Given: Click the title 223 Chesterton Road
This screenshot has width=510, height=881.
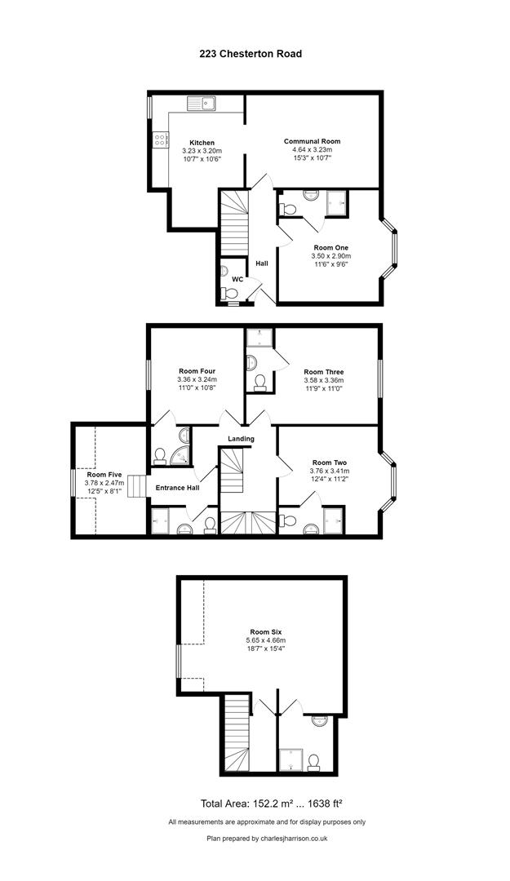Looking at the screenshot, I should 251,54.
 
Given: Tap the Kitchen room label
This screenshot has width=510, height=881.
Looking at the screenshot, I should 202,143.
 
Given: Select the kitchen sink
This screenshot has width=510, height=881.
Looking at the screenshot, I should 201,103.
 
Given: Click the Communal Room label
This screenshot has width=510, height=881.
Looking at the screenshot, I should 313,142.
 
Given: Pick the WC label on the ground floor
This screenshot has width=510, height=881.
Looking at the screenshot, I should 237,279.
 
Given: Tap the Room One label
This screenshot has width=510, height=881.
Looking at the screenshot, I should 330,247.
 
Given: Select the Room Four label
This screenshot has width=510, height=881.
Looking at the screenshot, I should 196,370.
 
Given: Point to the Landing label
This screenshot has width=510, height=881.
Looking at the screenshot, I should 242,439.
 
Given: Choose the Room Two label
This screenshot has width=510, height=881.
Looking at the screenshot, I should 329,463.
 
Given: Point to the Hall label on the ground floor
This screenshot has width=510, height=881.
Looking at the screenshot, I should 262,263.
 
